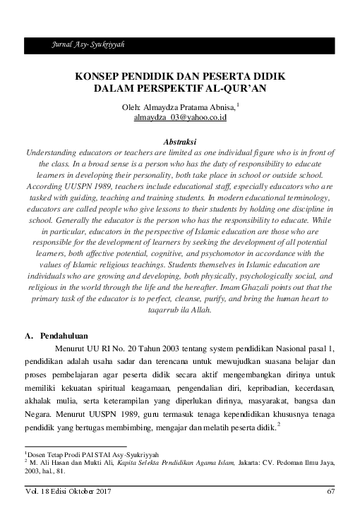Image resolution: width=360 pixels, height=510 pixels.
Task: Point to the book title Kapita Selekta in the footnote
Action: (148, 462)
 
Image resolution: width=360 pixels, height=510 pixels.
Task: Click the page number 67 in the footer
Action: (331, 492)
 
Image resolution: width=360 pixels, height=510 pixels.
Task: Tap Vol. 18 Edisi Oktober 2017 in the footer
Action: (68, 492)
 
